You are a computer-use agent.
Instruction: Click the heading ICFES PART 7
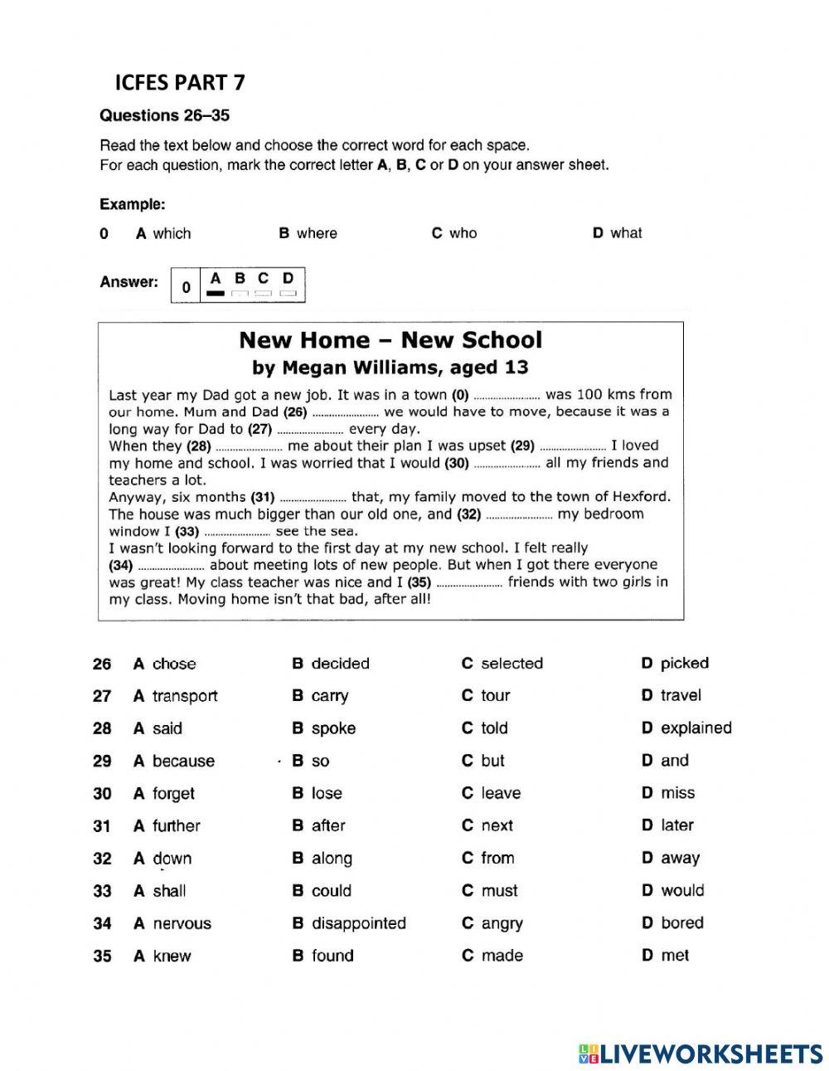point(180,82)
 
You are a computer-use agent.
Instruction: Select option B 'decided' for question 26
point(331,664)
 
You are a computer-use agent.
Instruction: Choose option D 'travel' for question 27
point(671,695)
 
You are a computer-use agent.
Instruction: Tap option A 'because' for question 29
point(174,761)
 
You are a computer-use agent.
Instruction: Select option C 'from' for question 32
point(488,858)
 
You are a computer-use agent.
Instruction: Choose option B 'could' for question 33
point(322,890)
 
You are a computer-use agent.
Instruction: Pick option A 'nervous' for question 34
point(172,923)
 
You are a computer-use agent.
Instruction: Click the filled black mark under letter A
point(216,293)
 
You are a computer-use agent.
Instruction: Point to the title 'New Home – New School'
point(390,340)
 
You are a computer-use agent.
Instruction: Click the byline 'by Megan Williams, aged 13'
point(390,368)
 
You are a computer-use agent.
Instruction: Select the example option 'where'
point(308,233)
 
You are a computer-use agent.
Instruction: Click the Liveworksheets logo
point(701,1053)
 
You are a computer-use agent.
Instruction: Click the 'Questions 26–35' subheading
point(164,115)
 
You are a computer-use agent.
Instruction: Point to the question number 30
point(102,794)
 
